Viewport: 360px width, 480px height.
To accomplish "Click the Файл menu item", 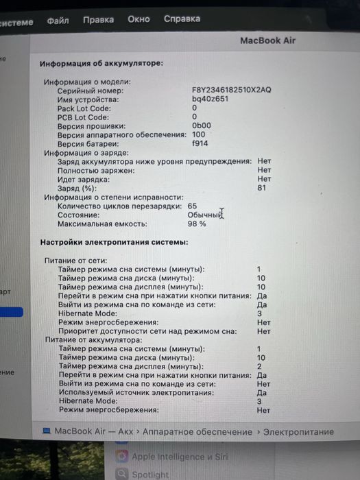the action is pos(58,21).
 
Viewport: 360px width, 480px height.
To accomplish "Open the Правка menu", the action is pos(98,20).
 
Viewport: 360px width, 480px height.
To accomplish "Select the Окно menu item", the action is pos(139,19).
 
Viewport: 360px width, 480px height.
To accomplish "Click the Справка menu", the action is pos(182,19).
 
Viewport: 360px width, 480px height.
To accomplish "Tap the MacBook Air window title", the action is pos(267,40).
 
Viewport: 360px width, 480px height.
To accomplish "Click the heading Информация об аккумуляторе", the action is pos(101,64).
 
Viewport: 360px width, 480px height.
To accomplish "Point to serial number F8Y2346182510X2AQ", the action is pos(232,91).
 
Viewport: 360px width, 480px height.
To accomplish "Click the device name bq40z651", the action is pos(210,99).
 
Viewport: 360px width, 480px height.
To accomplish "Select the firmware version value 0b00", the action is pos(202,126).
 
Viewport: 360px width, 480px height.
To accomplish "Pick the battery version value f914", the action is pos(200,143).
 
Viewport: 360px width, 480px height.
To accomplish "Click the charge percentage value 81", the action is pos(262,188).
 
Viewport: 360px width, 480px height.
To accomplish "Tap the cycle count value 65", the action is pos(192,206).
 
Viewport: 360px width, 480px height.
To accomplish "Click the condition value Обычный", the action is pos(204,215).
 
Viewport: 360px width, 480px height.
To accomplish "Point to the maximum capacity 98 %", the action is pos(197,224).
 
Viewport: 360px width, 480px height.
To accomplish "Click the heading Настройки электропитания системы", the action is pos(114,242).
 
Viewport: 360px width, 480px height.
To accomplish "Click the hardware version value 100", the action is pos(199,134).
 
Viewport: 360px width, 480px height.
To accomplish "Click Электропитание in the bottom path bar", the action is pos(299,432).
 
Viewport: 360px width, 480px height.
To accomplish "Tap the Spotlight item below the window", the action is pos(150,474).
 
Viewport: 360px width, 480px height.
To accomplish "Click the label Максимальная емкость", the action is pos(103,224).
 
